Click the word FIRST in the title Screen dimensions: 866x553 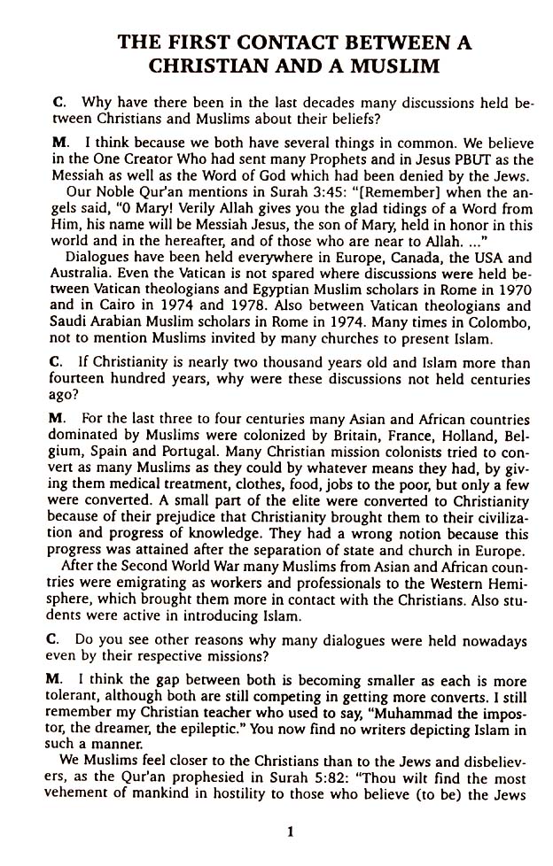pos(184,42)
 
